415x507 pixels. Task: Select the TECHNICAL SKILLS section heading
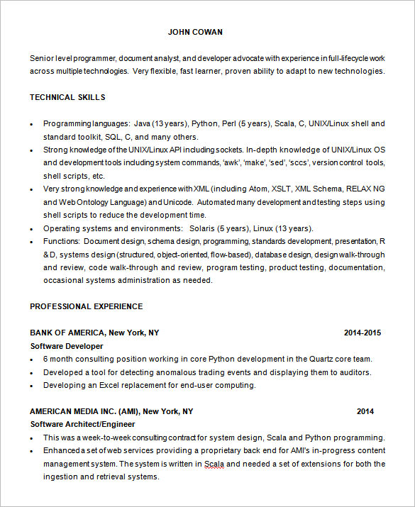coord(67,97)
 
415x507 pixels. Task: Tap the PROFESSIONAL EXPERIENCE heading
coord(86,306)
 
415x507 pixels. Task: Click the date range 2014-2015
coord(363,333)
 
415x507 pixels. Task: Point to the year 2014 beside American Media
coord(365,411)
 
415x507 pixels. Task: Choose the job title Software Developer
coord(66,346)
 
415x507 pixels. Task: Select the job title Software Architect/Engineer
coord(82,424)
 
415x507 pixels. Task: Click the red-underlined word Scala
coord(214,464)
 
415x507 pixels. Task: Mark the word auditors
coord(355,372)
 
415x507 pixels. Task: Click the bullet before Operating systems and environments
coord(31,229)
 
